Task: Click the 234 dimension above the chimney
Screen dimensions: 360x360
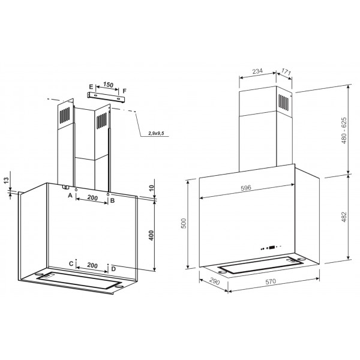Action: [257, 71]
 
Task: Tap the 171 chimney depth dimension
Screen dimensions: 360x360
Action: [286, 72]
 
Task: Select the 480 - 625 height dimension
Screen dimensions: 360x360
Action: [344, 130]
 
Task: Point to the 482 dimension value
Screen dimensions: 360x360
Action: [344, 217]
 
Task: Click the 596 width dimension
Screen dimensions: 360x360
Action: [246, 188]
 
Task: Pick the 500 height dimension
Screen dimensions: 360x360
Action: [184, 223]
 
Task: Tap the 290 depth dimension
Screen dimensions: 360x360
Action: [214, 281]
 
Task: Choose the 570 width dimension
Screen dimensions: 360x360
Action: [271, 281]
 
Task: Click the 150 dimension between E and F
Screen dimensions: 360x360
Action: [108, 85]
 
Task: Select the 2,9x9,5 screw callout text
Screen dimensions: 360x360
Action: [156, 133]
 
